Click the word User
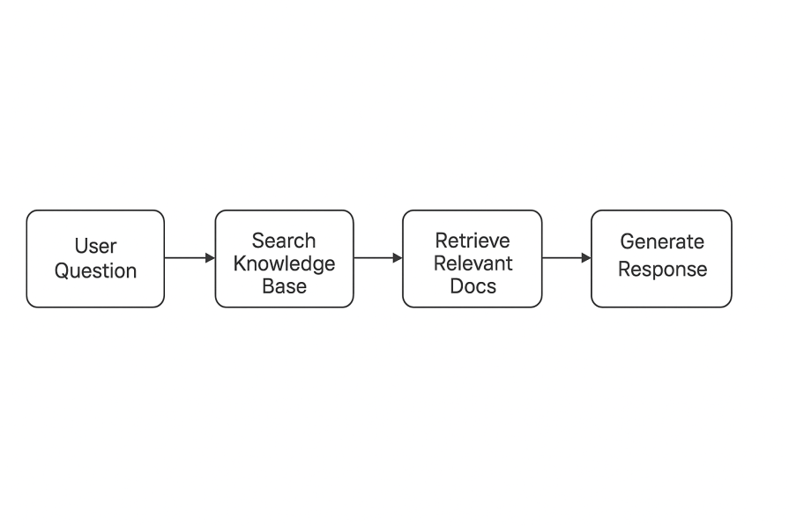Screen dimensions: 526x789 click(95, 247)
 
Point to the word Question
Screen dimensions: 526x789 click(95, 270)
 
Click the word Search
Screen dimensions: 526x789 click(284, 241)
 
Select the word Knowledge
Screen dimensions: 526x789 click(284, 263)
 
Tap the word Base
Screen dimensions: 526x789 click(284, 286)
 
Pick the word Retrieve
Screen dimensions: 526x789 click(472, 241)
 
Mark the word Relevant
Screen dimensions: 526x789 click(472, 263)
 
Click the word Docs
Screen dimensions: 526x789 click(472, 286)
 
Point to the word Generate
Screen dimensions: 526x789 click(661, 241)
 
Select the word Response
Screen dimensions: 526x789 click(661, 269)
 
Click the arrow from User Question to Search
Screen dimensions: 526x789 click(187, 258)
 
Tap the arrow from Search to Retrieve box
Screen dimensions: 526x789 click(376, 258)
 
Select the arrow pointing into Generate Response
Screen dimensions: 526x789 click(564, 258)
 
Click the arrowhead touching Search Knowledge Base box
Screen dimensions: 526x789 click(210, 258)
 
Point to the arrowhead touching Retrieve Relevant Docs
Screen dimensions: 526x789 click(398, 258)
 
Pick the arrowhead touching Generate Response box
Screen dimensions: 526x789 click(586, 258)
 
